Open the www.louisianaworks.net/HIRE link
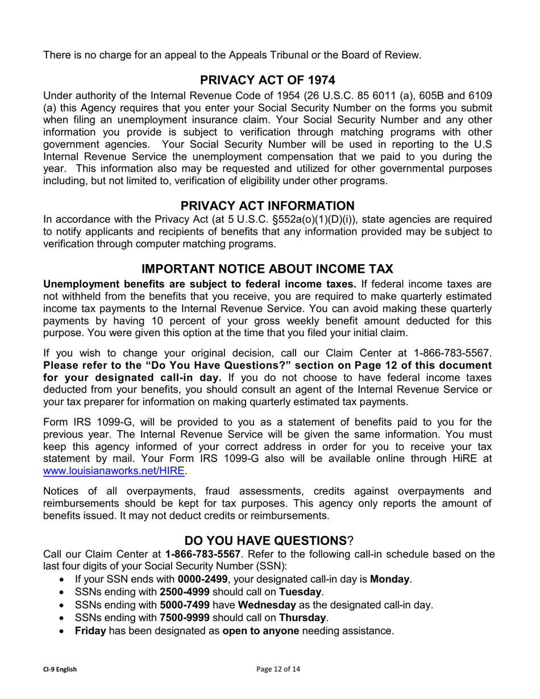pyautogui.click(x=114, y=471)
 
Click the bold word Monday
pyautogui.click(x=390, y=579)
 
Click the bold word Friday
pyautogui.click(x=90, y=631)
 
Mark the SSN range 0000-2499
pyautogui.click(x=202, y=579)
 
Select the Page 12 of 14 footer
pyautogui.click(x=279, y=669)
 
